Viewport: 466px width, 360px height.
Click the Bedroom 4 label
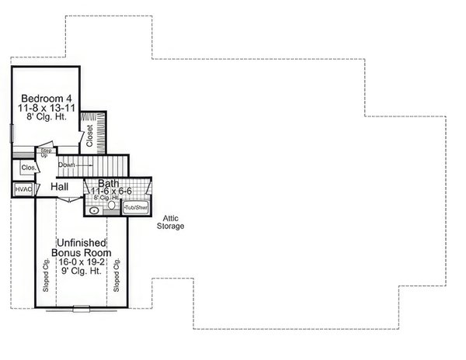47,99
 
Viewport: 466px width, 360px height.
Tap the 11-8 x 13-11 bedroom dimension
47,109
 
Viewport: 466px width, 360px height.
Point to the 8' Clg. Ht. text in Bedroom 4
47,120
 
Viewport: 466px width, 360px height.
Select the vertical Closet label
89,135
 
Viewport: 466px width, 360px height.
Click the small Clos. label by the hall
26,167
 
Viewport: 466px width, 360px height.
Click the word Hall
60,188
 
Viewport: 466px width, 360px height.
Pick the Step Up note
46,154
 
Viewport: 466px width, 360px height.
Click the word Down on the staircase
67,165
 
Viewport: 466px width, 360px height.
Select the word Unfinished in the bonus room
81,243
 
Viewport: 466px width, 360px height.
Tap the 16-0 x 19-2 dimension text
81,262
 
